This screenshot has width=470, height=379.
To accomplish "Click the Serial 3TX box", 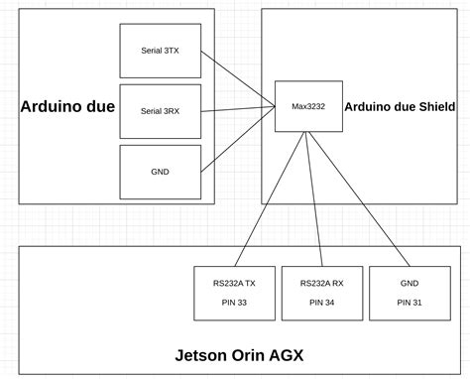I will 160,51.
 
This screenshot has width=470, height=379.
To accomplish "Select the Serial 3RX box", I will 160,111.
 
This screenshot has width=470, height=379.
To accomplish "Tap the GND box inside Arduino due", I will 160,172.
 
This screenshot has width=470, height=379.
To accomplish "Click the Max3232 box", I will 308,106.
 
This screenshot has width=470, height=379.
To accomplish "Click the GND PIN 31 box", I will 409,293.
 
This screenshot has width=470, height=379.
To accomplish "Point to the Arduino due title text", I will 67,107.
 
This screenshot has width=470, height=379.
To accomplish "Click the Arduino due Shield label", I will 400,107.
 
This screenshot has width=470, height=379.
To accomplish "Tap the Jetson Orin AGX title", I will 239,354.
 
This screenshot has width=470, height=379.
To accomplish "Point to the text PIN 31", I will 409,303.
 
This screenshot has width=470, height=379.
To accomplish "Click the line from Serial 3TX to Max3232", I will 238,76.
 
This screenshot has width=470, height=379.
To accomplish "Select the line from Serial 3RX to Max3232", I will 238,107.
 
